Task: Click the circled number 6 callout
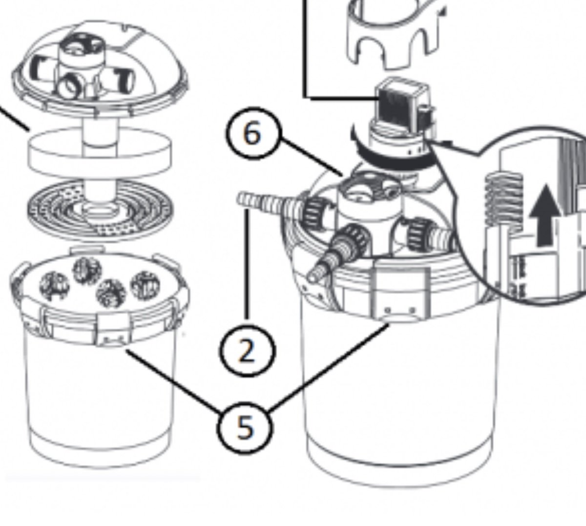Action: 253,133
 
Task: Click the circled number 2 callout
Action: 247,351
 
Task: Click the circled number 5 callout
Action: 245,428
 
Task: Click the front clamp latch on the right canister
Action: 400,292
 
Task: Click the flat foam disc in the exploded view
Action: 100,153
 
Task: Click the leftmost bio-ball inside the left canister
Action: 54,286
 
